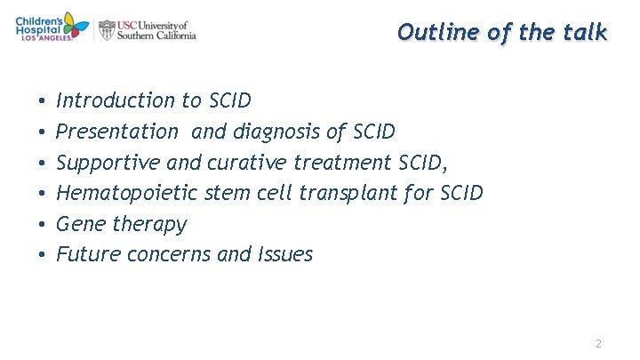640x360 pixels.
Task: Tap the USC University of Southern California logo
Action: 148,30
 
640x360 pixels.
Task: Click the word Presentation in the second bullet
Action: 117,132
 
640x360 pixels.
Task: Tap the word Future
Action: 88,254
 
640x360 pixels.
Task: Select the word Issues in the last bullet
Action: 284,254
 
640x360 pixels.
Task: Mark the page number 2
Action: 599,343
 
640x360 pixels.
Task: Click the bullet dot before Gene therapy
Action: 42,225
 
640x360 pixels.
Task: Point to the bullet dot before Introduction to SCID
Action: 42,101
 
